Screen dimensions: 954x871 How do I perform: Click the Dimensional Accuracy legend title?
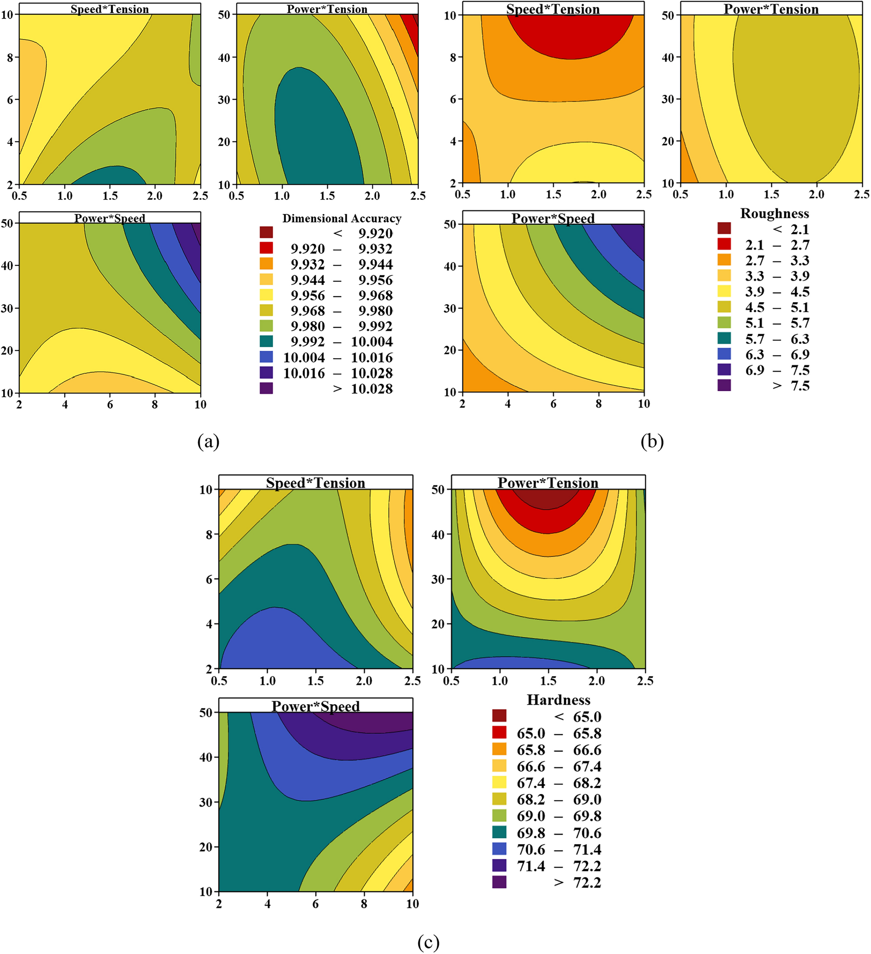tap(342, 218)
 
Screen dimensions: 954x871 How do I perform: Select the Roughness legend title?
tap(774, 213)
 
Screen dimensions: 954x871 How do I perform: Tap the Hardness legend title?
tap(558, 700)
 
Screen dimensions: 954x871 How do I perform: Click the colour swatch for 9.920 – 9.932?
tap(266, 248)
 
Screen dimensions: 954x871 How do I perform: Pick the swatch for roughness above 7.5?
tap(724, 385)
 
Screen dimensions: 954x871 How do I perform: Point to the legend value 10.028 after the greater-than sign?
tap(372, 389)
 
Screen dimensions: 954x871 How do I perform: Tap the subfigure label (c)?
tap(428, 942)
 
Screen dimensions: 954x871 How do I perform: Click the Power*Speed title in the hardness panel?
tap(316, 706)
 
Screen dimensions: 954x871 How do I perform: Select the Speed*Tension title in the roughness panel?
tap(553, 9)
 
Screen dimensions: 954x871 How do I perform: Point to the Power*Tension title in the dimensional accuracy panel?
tap(327, 9)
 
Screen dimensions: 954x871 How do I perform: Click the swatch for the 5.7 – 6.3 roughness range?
tap(724, 338)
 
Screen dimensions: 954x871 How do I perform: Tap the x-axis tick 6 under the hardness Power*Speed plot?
tap(316, 903)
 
